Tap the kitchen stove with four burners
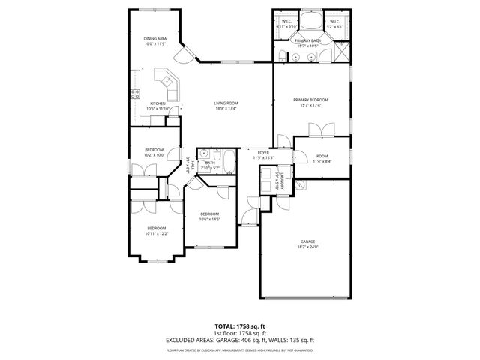[x=136, y=94]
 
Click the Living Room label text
[x=226, y=103]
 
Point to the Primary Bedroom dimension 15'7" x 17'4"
[x=310, y=105]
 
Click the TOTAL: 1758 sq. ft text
[x=239, y=326]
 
